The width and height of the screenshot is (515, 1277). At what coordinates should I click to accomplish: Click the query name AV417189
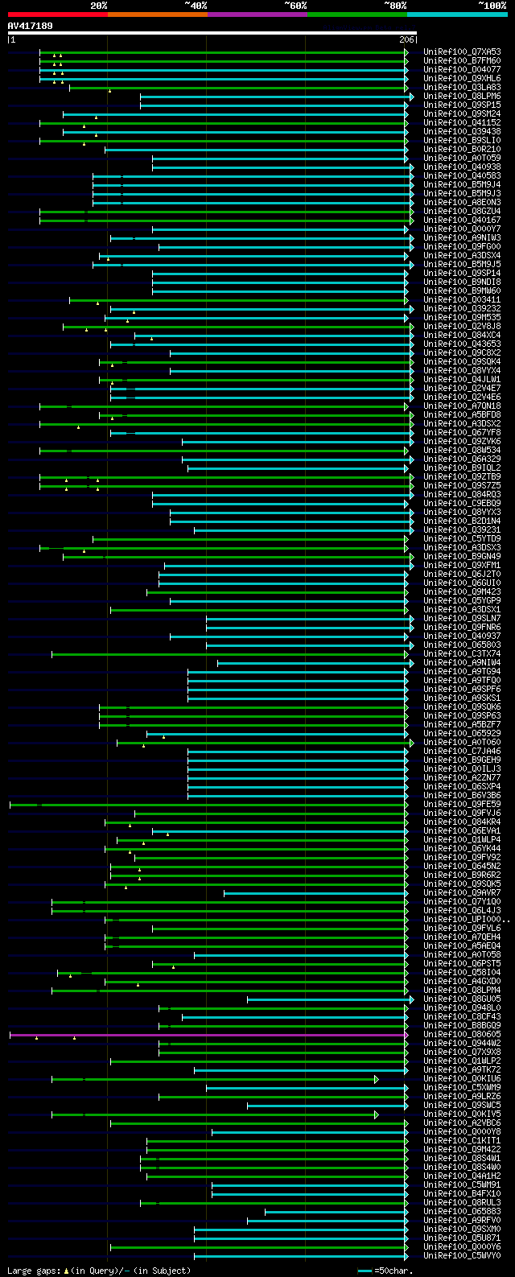pos(30,26)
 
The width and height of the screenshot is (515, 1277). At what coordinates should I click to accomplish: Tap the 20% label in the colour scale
pos(99,6)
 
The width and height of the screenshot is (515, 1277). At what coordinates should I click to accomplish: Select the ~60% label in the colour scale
pos(295,6)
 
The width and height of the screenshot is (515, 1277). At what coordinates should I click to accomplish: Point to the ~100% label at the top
pos(492,6)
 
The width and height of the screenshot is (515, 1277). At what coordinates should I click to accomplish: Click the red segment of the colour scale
pos(57,14)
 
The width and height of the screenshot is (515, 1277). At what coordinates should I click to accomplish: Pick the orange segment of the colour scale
pos(157,14)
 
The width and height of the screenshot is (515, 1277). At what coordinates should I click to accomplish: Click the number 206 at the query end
pos(406,39)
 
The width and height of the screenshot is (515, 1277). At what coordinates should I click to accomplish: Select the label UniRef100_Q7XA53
pos(462,52)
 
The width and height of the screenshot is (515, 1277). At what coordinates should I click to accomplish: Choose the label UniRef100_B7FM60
pos(462,61)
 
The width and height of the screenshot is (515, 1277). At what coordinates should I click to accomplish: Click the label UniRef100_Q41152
pos(462,123)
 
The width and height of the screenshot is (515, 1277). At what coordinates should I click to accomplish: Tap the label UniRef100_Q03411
pos(462,300)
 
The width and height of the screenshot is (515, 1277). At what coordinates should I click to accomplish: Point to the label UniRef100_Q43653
pos(462,344)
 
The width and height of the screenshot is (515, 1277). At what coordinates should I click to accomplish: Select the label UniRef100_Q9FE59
pos(462,805)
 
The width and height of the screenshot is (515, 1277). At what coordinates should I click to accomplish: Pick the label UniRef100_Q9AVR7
pos(462,893)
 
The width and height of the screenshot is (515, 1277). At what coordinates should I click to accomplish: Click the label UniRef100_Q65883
pos(462,1212)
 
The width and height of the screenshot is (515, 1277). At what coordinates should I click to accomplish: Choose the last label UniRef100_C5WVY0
pos(462,1256)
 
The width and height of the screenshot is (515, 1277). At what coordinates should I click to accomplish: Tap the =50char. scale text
pos(393,1271)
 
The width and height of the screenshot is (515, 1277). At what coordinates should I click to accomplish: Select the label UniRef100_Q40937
pos(462,636)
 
